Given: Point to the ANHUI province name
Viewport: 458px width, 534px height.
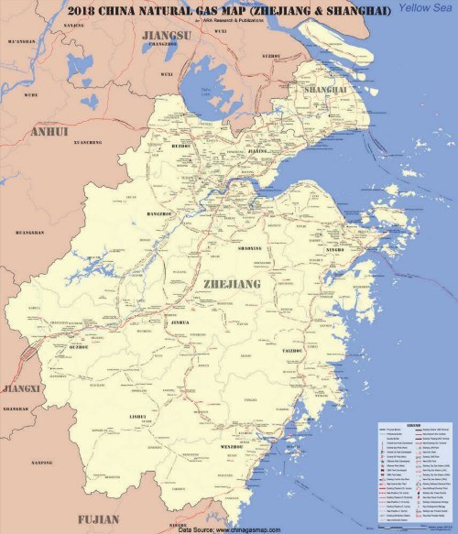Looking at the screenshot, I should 49,131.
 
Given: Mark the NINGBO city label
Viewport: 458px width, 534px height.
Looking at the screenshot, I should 338,249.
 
